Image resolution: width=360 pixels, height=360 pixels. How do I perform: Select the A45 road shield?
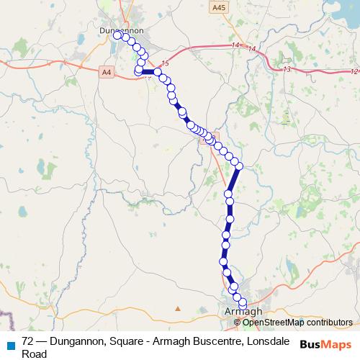218,7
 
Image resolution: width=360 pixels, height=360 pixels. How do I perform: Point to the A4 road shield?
107,71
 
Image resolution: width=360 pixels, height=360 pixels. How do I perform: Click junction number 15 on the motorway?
166,63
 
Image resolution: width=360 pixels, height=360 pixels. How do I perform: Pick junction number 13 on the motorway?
287,69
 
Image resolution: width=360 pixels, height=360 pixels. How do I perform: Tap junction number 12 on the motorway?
353,71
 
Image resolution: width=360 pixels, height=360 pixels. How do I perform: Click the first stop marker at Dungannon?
117,35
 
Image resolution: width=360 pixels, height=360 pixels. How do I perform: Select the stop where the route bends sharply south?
239,166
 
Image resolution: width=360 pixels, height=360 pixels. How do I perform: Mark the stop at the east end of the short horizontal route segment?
157,72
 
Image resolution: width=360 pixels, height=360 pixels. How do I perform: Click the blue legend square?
11,343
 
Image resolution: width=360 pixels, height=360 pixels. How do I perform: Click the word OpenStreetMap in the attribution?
264,322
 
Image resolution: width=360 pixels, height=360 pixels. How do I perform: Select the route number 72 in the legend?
28,341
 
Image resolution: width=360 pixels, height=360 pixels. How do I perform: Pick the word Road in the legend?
34,354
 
